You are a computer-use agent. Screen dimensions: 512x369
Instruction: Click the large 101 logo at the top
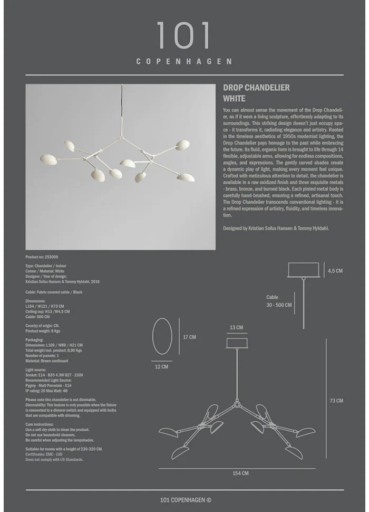(183, 36)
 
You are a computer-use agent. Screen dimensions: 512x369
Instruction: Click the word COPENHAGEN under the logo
(184, 61)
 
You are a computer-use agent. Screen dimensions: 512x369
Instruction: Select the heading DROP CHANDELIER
(256, 88)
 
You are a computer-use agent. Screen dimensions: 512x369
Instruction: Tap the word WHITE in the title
(234, 98)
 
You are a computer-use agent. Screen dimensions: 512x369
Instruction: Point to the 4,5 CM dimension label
(335, 271)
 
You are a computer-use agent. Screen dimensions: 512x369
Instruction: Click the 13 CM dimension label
(236, 328)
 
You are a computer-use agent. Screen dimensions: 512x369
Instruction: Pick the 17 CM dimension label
(189, 337)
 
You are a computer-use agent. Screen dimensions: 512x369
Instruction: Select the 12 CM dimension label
(162, 366)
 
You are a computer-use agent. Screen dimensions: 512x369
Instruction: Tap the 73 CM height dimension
(336, 401)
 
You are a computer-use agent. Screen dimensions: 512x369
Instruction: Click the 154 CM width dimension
(240, 473)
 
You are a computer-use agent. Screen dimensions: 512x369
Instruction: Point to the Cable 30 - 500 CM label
(278, 301)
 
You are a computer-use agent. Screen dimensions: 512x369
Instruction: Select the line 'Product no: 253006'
(42, 257)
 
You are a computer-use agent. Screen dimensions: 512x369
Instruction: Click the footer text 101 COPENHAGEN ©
(186, 500)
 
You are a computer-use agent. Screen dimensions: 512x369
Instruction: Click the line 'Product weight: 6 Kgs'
(43, 331)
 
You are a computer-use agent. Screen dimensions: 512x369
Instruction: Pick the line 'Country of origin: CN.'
(42, 326)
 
